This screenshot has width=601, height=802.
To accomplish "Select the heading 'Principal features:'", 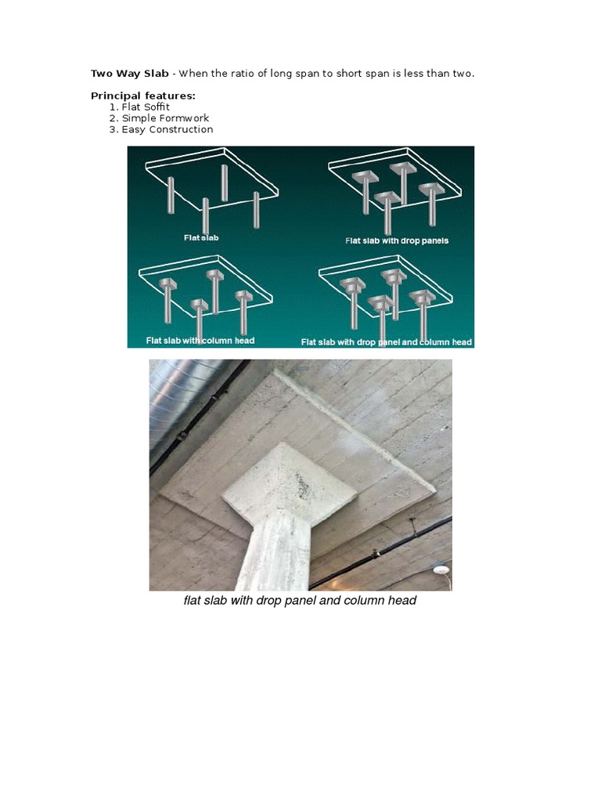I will tap(143, 96).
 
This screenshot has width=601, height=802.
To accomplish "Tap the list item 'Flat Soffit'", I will tap(146, 107).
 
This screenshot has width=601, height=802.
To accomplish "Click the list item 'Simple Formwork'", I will tap(165, 118).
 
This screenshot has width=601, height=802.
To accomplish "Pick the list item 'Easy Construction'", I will tap(167, 129).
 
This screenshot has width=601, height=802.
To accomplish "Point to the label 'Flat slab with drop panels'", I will tap(397, 240).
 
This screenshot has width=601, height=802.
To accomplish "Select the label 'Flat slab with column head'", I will tap(200, 341).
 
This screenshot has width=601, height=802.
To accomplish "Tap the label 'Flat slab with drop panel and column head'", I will tap(387, 342).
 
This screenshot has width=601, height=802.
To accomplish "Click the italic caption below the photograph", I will tap(300, 601).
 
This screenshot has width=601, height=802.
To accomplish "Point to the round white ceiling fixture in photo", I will tap(443, 569).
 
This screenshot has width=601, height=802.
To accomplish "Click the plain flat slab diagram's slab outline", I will tap(211, 168).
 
